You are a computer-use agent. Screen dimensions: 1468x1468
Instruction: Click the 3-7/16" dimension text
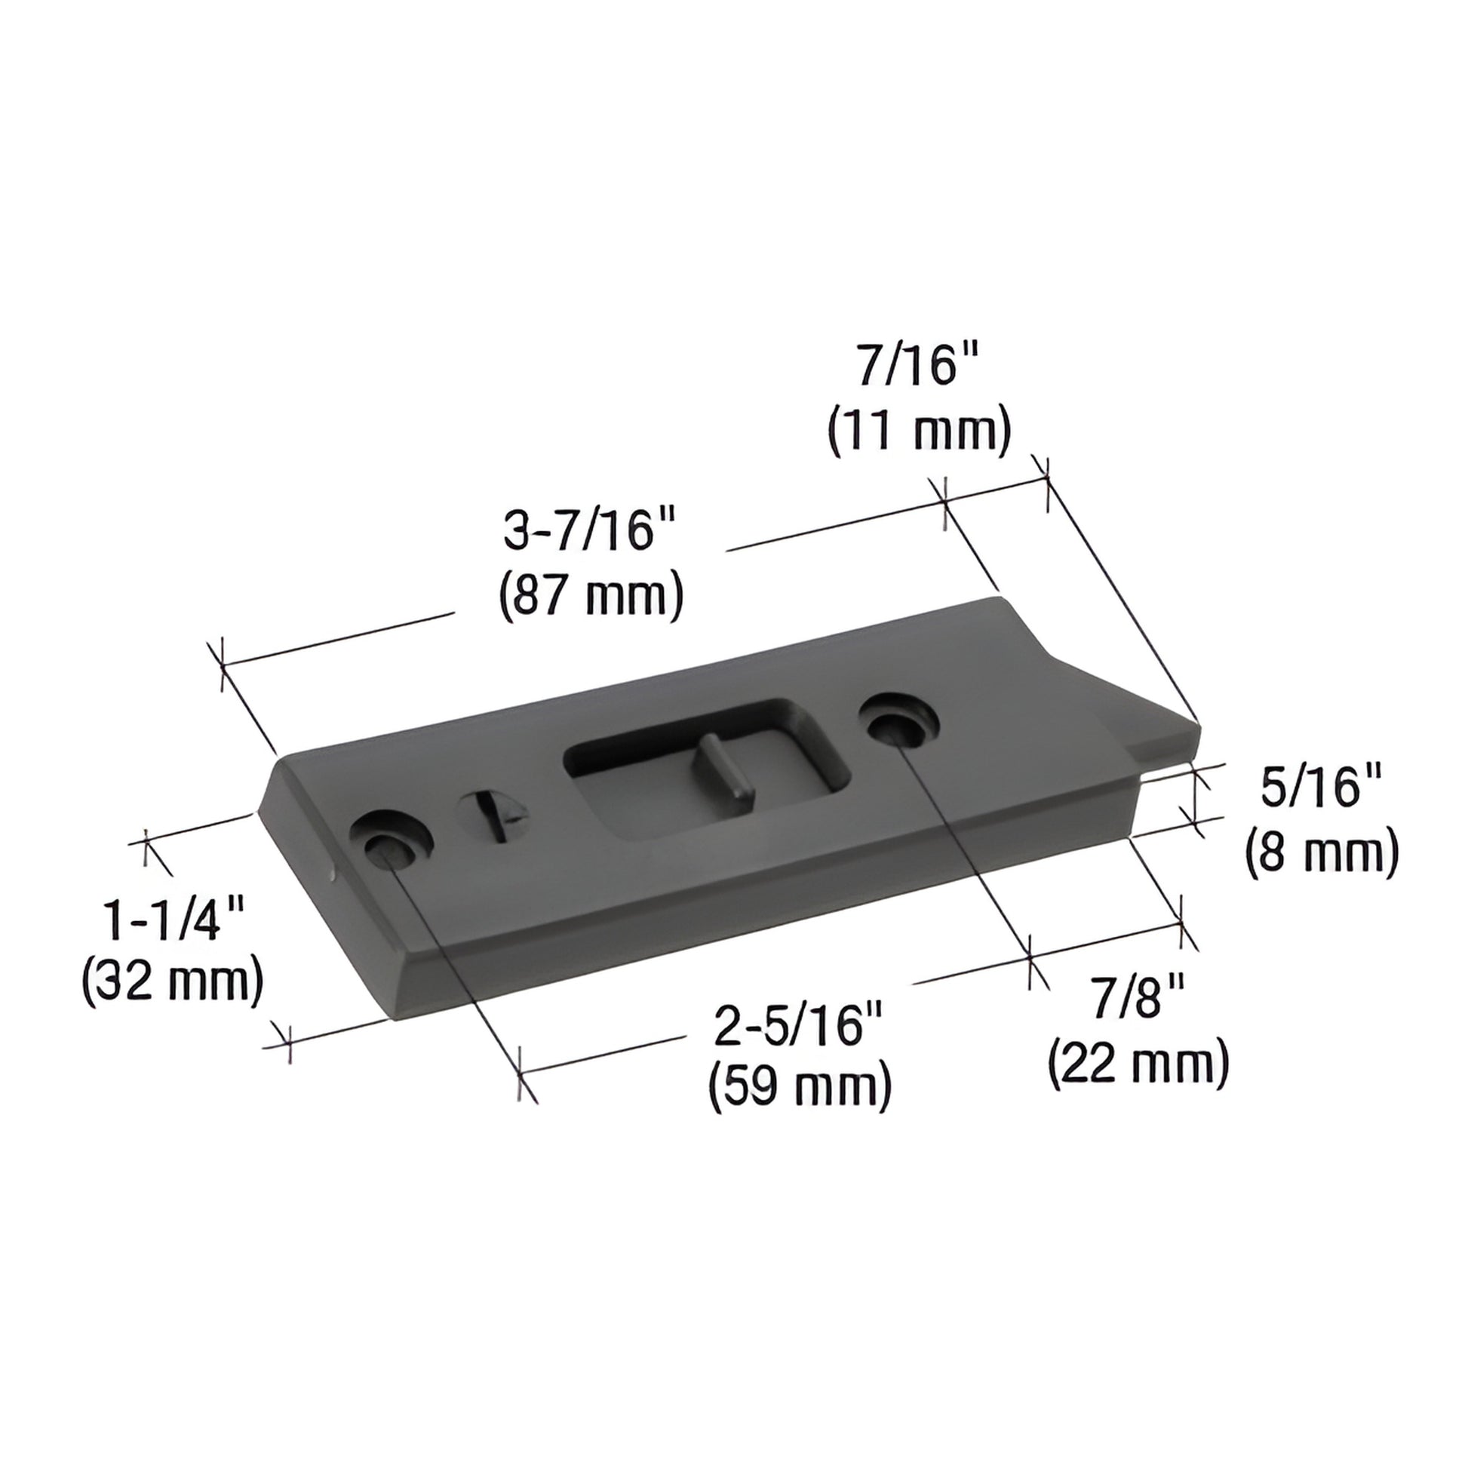click(x=590, y=530)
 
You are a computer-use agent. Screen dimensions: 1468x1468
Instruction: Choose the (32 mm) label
click(x=174, y=984)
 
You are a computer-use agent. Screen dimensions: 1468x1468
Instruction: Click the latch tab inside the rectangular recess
click(x=726, y=767)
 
